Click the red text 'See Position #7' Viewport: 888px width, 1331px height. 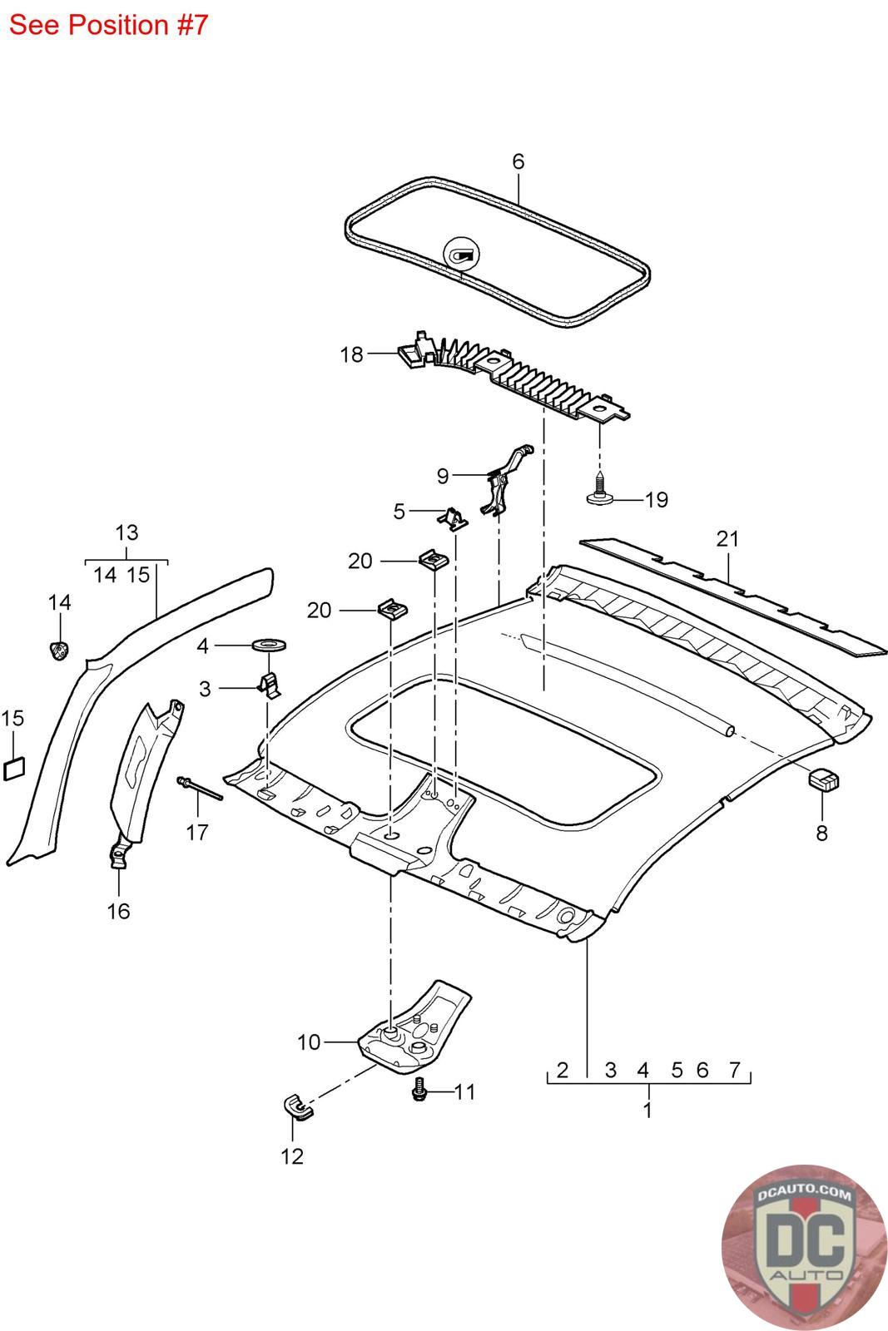tap(108, 25)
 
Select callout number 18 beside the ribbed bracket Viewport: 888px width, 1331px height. tap(351, 355)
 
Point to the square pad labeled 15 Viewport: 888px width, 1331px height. tap(15, 768)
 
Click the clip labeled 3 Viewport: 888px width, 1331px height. tap(270, 685)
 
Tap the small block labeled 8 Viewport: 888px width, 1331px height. tap(823, 779)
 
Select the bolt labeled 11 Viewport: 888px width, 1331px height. tap(420, 1091)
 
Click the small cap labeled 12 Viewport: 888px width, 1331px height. tap(294, 1108)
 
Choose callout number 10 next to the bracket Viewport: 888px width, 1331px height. tap(309, 1042)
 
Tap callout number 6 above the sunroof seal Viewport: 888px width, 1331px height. tap(518, 161)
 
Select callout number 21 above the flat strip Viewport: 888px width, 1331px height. tap(727, 539)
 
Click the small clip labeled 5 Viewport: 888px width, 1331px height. tap(452, 518)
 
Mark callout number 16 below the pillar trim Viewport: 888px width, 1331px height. tap(119, 911)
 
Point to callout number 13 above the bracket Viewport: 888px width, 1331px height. tap(127, 532)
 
